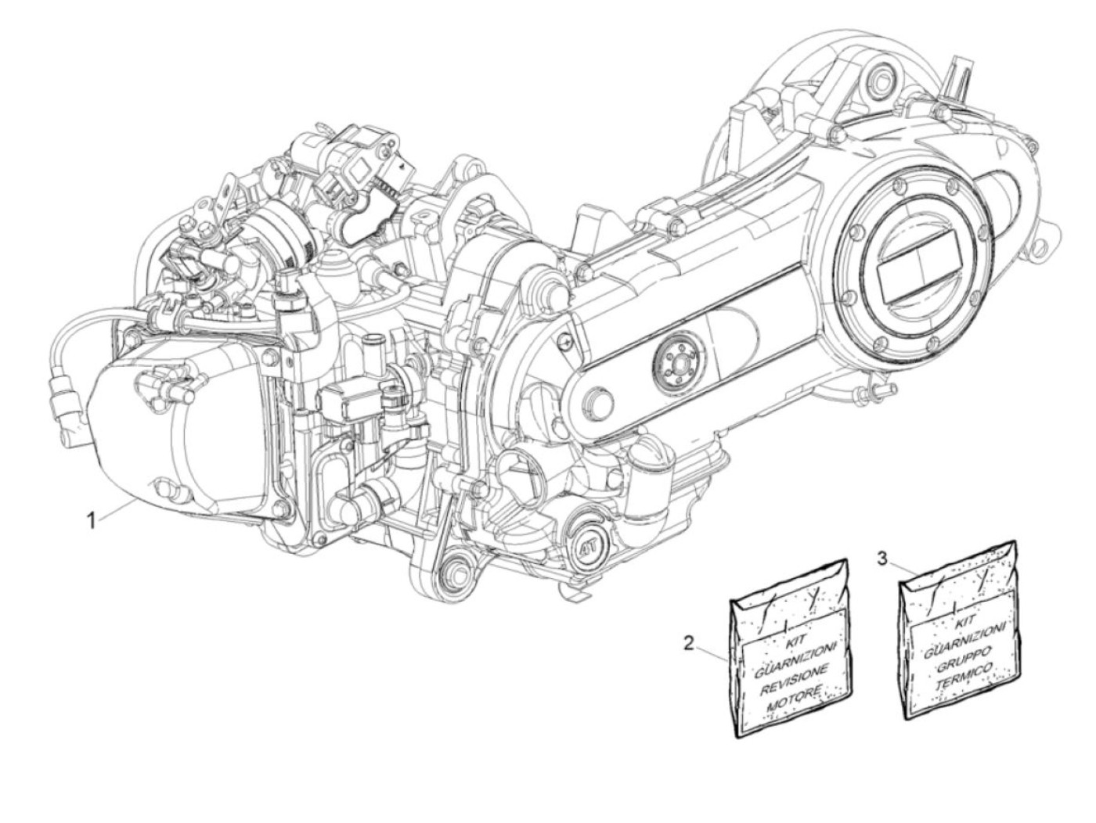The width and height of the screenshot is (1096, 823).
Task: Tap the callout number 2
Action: tap(689, 643)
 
